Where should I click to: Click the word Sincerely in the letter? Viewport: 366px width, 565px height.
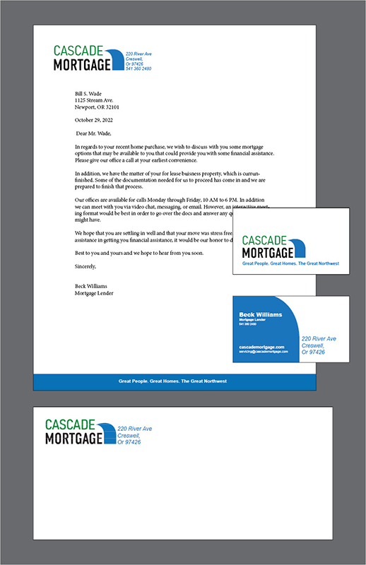(85, 266)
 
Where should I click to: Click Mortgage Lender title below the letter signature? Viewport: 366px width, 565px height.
(94, 293)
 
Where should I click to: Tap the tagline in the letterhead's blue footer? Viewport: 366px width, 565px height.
(173, 381)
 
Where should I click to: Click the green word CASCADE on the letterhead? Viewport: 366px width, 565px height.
(78, 52)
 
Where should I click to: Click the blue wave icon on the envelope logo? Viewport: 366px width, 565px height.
(108, 433)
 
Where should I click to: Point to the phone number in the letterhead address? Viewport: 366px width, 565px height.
(138, 69)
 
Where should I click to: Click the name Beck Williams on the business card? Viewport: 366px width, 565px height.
(261, 314)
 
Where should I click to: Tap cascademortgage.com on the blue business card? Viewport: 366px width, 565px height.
(261, 347)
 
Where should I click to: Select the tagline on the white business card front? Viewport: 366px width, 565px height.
(290, 263)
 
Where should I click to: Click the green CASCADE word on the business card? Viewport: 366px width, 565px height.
(264, 241)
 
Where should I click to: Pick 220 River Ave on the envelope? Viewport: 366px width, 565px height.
(134, 429)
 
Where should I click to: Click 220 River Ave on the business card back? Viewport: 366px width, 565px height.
(319, 339)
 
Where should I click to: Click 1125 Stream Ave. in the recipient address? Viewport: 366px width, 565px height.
(94, 100)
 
